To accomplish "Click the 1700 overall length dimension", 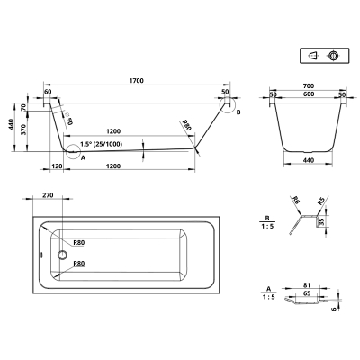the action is click(137, 81).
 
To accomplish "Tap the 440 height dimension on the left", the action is click(11, 124).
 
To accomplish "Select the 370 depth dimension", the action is click(24, 129).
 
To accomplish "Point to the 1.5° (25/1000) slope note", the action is click(102, 144).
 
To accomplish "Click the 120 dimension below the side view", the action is click(57, 166).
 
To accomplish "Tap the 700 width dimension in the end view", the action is click(309, 86).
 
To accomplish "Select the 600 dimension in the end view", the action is click(309, 94).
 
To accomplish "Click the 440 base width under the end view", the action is click(309, 160).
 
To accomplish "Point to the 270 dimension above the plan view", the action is click(48, 195).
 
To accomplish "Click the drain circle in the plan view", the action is click(62, 255).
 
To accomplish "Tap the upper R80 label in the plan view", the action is click(79, 243).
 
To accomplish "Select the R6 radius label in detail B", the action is click(295, 200).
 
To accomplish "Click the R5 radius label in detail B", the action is click(321, 201).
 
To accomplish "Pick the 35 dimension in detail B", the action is click(321, 221).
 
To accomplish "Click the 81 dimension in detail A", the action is click(307, 285).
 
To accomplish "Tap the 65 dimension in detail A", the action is click(307, 293).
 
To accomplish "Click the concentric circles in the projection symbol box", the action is click(333, 56).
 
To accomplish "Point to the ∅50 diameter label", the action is click(68, 119).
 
